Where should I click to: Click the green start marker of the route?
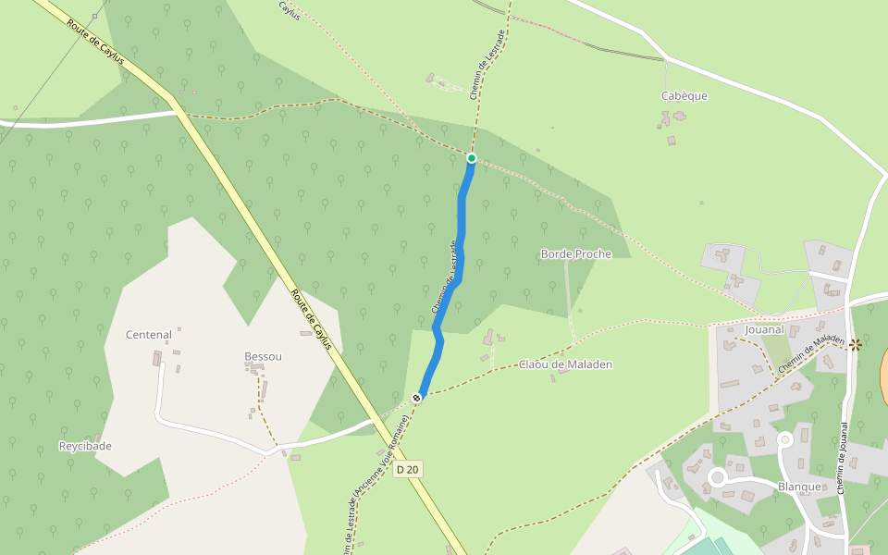(471, 158)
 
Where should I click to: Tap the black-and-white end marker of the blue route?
(417, 398)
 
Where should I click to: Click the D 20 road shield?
(407, 470)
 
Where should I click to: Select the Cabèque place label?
(684, 95)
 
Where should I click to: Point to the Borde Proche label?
(575, 253)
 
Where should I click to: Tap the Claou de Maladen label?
(565, 364)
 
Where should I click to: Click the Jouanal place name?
(763, 329)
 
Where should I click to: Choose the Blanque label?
(799, 487)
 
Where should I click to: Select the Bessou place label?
(263, 356)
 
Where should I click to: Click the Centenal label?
(149, 335)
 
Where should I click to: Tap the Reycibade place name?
(85, 446)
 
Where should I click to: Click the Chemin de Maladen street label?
(810, 354)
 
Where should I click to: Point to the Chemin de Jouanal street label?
(844, 459)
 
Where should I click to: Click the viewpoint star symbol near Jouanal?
(855, 344)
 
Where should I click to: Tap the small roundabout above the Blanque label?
(785, 440)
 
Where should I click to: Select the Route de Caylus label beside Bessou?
(311, 320)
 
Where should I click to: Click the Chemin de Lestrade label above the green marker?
(487, 64)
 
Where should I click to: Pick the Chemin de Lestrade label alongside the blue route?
(445, 276)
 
